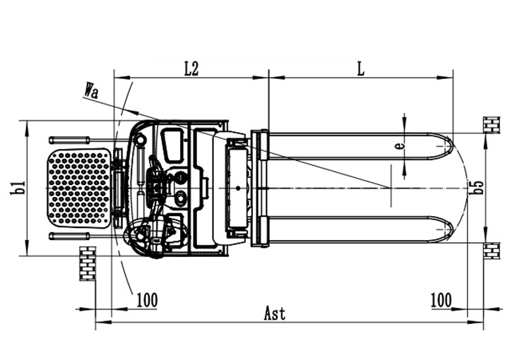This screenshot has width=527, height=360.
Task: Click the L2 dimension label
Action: (191, 68)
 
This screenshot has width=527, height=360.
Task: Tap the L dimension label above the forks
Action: (360, 68)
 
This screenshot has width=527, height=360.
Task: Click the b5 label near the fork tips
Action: (478, 188)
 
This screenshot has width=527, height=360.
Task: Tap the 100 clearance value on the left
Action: (146, 300)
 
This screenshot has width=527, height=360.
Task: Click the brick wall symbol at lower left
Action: (88, 263)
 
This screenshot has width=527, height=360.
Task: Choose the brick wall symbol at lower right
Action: (491, 250)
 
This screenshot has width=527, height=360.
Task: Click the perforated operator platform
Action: (79, 188)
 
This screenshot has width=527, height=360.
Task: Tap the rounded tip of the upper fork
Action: (448, 146)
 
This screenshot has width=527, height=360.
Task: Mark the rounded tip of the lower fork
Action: (448, 229)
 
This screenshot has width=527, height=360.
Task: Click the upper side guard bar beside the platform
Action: (69, 140)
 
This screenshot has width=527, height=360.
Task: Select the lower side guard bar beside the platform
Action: (69, 236)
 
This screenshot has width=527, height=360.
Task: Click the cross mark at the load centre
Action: (390, 187)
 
